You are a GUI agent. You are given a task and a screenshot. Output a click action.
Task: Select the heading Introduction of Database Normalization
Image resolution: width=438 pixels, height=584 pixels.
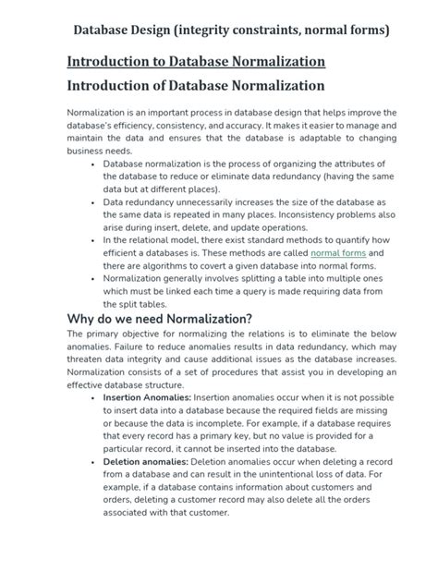196,85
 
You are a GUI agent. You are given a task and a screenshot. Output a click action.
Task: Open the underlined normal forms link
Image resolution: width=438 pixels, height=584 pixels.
338,252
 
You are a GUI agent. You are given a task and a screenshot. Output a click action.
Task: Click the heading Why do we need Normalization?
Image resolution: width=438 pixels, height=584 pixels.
160,319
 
